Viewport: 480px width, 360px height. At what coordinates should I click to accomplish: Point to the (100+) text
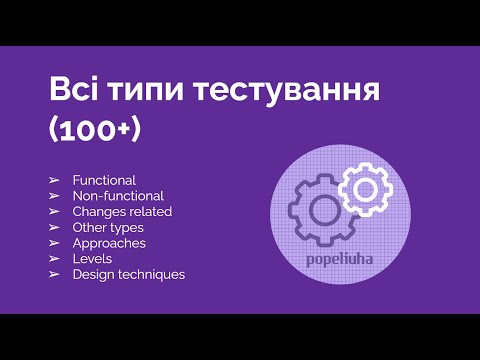94,130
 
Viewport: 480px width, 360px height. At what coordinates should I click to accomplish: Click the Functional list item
104,180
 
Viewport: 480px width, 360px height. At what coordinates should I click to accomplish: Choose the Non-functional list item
118,196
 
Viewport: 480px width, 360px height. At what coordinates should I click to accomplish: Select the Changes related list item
122,212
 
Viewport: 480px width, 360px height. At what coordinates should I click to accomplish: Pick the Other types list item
108,227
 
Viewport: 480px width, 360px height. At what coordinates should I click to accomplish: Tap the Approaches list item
109,243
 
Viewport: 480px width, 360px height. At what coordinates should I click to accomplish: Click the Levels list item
91,259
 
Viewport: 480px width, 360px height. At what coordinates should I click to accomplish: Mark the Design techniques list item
129,275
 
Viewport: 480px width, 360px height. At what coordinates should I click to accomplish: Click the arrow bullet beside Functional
54,180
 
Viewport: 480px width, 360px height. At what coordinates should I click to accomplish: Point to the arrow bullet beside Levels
54,259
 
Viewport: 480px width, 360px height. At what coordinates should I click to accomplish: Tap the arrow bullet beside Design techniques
54,275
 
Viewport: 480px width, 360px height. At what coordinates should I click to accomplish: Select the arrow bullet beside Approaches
54,243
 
